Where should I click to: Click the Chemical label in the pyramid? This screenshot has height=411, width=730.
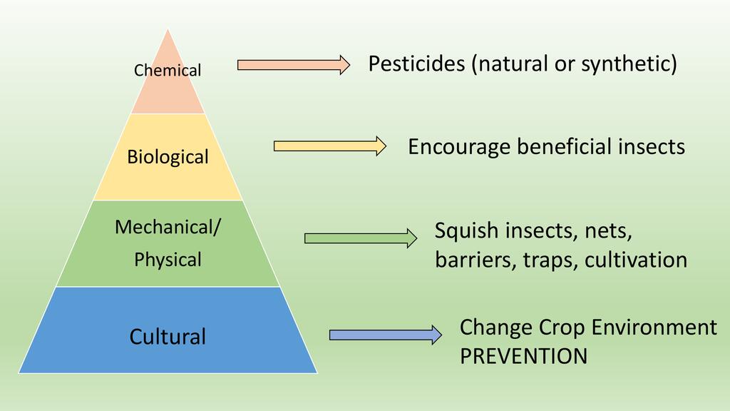[168, 71]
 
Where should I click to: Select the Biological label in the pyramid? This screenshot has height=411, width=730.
[168, 157]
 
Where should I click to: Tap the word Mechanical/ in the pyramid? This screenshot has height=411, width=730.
[168, 228]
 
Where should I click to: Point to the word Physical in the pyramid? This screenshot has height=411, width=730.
[168, 260]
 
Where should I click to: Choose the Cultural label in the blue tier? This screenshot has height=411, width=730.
[168, 337]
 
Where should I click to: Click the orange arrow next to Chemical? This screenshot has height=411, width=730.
[294, 65]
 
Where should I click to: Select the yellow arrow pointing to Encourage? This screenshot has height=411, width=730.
[330, 146]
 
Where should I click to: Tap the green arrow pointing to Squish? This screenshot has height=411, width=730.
[361, 238]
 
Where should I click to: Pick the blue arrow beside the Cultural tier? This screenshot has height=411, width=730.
[386, 335]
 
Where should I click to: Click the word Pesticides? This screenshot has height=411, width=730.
[416, 64]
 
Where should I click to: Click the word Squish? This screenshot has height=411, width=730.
[466, 231]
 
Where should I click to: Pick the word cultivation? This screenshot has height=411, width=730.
[636, 260]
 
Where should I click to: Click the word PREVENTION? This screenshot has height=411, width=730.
[524, 357]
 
